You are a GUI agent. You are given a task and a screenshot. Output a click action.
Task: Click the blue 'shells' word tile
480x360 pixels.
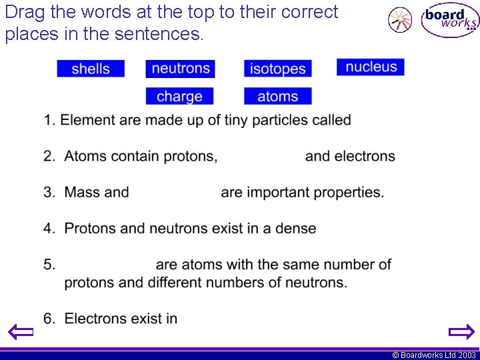coord(90,69)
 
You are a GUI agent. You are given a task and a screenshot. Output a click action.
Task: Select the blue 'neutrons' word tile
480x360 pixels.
coord(181,69)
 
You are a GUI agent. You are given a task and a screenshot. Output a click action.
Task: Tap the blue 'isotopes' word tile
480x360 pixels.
coord(277,69)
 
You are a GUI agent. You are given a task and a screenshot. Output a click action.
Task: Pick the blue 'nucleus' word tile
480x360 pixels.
coord(371,67)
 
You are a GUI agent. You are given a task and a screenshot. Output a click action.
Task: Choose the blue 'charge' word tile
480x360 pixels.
coord(179,96)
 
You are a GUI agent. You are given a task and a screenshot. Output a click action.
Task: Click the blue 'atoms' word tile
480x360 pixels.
coord(277,96)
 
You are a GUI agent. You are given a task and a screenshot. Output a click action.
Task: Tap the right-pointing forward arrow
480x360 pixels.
coord(461,331)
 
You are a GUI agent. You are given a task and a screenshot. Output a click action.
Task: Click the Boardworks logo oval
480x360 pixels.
coord(450,21)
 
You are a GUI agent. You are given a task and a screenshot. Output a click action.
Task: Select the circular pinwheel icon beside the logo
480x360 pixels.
coord(400,20)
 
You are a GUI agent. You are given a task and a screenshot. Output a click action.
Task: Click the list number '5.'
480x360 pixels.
coord(49,264)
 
